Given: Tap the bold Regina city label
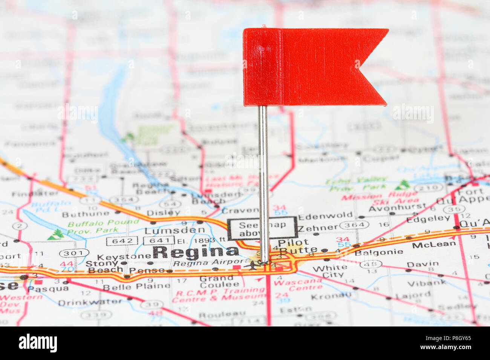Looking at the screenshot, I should tap(196, 252).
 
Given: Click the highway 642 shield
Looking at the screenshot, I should tap(122, 241).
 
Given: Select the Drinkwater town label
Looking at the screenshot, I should tap(90, 302).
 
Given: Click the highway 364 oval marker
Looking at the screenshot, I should tap(354, 225).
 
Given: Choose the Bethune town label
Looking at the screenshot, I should tap(86, 215).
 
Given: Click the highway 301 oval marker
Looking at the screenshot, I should tap(74, 253).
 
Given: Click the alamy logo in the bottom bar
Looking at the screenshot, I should tap(38, 343).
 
